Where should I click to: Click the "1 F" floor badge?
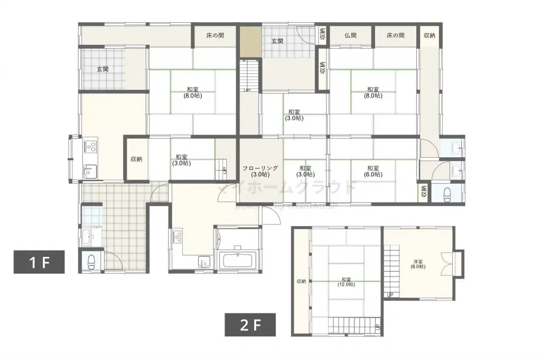tap(39, 262)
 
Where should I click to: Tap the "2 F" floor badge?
tap(251, 325)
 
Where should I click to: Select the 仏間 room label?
tap(350, 36)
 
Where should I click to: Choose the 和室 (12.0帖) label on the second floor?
tap(346, 282)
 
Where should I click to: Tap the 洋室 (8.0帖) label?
tap(419, 264)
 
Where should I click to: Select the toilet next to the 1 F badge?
tap(91, 261)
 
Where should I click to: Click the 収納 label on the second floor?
tap(301, 281)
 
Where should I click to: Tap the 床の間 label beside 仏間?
tap(395, 36)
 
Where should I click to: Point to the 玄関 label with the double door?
tap(277, 41)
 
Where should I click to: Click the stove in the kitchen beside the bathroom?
tap(176, 236)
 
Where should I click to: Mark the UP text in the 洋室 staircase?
tap(390, 295)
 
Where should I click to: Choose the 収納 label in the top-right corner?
tap(430, 36)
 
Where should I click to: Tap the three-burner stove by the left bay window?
tap(89, 145)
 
